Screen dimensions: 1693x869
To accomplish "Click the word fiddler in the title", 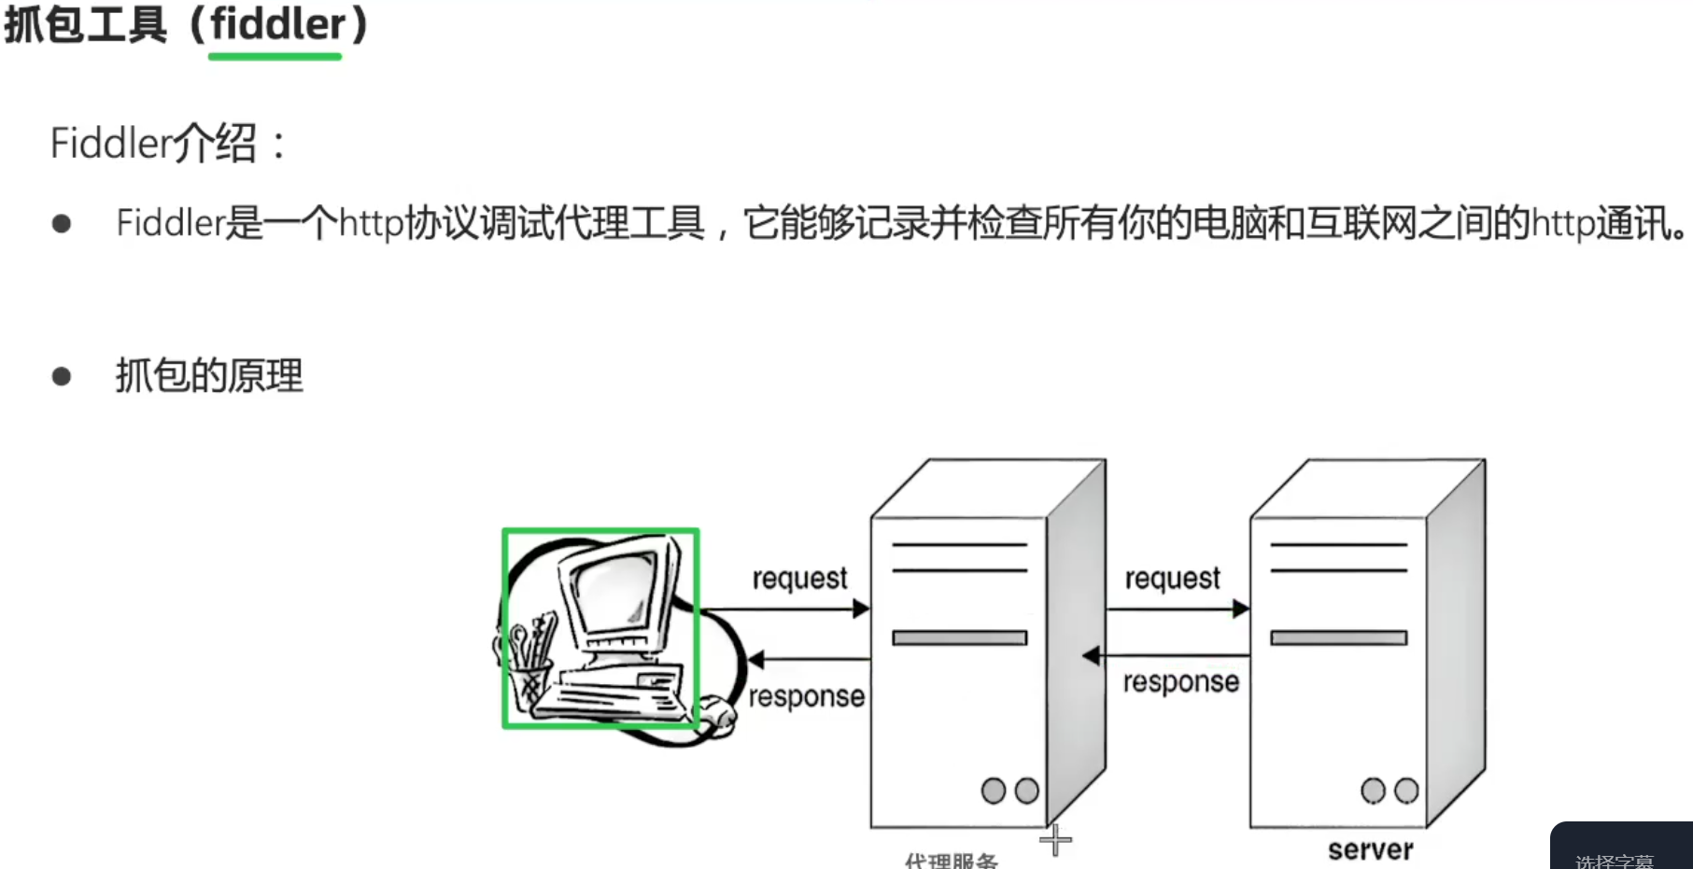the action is point(277,24).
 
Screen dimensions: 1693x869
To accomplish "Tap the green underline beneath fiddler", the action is point(275,57).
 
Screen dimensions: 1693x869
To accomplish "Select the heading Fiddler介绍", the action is point(154,144).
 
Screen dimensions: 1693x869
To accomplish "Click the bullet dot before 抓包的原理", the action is point(62,376).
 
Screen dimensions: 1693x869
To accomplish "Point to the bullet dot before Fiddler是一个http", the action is point(62,224).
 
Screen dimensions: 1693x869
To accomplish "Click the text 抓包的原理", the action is point(209,376).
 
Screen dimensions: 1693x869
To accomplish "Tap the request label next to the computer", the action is point(799,579).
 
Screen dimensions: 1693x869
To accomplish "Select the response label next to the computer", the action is point(806,696).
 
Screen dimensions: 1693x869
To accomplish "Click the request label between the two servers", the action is point(1172,579).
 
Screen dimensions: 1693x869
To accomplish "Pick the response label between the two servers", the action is point(1180,682).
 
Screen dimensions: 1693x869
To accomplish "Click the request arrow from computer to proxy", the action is point(784,610).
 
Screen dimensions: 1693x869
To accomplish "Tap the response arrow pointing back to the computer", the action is point(809,660).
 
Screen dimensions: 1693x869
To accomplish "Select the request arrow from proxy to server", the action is point(1177,610).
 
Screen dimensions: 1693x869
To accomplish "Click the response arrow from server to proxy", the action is point(1167,656).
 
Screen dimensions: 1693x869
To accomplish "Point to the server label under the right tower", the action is point(1370,849).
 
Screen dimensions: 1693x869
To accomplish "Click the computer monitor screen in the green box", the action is point(617,588).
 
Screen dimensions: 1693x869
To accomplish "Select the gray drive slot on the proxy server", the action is point(959,638).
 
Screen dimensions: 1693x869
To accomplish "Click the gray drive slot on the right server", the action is point(1338,638).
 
